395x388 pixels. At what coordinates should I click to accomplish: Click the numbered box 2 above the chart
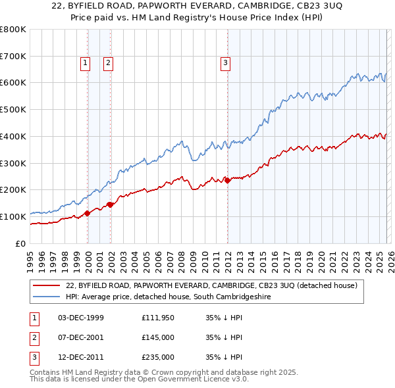tap(108, 63)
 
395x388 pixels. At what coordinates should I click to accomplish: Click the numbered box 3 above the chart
tap(225, 63)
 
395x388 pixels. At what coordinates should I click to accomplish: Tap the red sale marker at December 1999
tap(87, 213)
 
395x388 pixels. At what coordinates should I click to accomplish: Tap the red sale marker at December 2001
tap(110, 205)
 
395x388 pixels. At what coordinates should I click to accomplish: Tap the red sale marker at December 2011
tap(227, 180)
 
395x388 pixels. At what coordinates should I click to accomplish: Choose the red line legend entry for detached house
tap(211, 285)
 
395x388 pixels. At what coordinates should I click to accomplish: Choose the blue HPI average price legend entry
tap(168, 297)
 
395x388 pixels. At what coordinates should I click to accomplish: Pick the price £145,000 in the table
tap(158, 337)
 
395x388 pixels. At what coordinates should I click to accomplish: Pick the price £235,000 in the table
tap(158, 357)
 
